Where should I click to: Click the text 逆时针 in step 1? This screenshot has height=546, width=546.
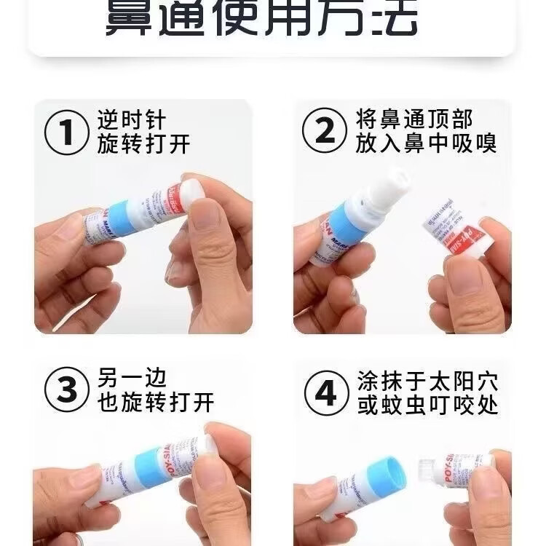click(132, 119)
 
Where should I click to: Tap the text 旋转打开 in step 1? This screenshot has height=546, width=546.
click(143, 144)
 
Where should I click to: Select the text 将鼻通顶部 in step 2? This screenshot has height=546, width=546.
click(414, 119)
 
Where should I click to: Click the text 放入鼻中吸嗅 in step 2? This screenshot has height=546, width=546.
click(427, 143)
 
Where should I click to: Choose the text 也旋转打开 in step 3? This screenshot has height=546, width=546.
click(156, 403)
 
